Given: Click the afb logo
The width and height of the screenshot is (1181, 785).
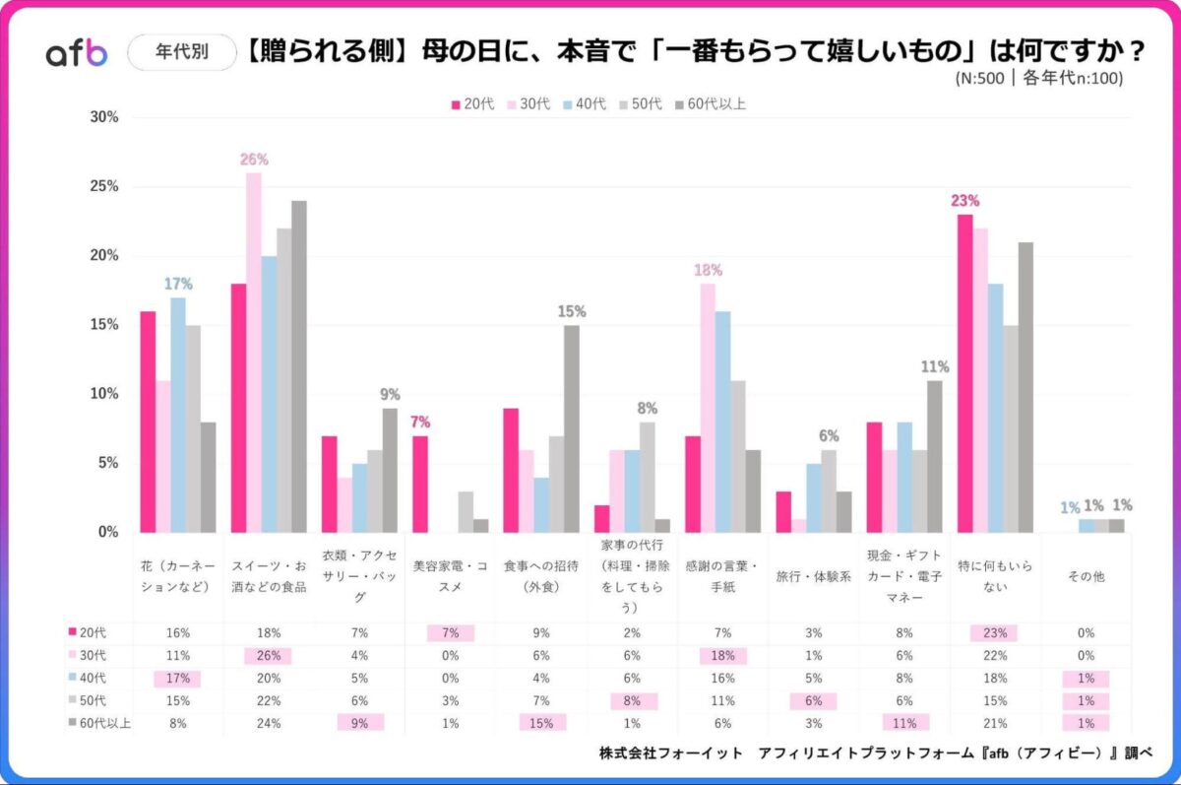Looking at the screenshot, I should [x=76, y=54].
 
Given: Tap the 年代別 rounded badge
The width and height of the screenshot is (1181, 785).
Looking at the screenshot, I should [x=182, y=52].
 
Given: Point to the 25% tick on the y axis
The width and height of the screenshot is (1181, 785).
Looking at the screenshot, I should [x=104, y=186].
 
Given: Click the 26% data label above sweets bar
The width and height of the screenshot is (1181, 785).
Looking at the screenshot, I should [x=253, y=160].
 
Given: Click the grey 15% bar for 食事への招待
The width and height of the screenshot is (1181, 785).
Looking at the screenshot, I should [x=571, y=428].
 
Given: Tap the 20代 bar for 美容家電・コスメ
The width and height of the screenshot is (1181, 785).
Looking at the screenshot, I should [x=420, y=483].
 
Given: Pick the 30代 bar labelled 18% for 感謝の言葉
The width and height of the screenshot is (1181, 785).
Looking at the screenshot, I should [x=708, y=408].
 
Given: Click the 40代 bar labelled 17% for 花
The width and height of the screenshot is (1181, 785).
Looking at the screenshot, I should [x=178, y=414].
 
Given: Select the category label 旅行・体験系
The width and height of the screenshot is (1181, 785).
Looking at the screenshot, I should [x=813, y=577].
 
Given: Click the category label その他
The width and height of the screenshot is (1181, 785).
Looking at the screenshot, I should [x=1086, y=577].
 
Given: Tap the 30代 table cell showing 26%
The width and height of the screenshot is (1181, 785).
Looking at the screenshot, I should [x=269, y=656].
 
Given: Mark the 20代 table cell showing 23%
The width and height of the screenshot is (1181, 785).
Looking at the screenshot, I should [x=995, y=633].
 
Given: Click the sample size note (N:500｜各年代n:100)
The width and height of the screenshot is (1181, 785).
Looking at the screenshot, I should [x=1038, y=79].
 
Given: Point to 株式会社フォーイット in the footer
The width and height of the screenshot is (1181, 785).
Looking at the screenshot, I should [x=671, y=753].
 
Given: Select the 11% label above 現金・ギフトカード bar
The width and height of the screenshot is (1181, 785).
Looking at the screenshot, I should [x=935, y=367].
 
